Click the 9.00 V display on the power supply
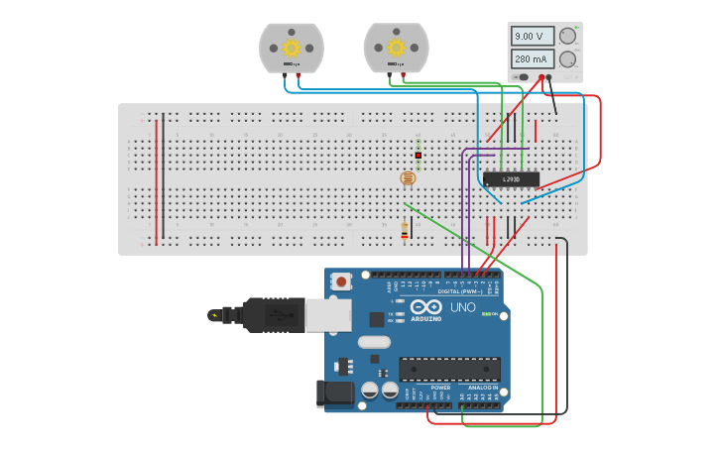pyautogui.click(x=530, y=36)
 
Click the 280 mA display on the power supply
pyautogui.click(x=530, y=59)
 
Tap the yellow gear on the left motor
pyautogui.click(x=292, y=47)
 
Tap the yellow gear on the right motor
pyautogui.click(x=396, y=47)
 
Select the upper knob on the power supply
pyautogui.click(x=567, y=36)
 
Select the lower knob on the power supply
pyautogui.click(x=567, y=59)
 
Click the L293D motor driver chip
pyautogui.click(x=511, y=179)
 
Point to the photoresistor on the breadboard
pyautogui.click(x=407, y=178)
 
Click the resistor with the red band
pyautogui.click(x=405, y=230)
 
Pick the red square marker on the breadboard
pyautogui.click(x=419, y=156)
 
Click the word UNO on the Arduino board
pyautogui.click(x=462, y=307)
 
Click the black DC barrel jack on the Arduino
pyautogui.click(x=335, y=393)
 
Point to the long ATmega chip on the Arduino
pyautogui.click(x=448, y=369)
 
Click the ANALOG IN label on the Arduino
pyautogui.click(x=479, y=388)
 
